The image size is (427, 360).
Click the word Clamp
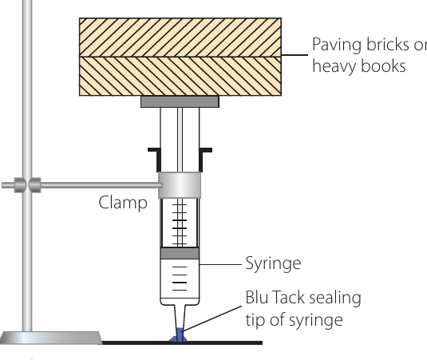(123, 203)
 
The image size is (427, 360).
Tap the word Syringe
(273, 263)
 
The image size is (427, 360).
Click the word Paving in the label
(337, 45)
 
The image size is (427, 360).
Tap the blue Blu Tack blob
(178, 336)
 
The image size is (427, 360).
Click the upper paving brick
(180, 38)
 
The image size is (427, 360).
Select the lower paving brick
(180, 77)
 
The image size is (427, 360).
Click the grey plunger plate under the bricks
(180, 101)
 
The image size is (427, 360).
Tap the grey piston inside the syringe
(180, 253)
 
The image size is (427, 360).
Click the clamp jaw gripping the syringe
(180, 185)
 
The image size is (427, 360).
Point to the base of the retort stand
(51, 338)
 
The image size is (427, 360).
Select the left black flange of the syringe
(155, 160)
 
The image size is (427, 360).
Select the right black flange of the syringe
(206, 160)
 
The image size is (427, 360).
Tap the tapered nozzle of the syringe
(180, 317)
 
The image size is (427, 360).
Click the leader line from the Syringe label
(220, 264)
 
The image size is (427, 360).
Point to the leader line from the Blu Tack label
(212, 318)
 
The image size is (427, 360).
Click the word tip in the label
(255, 320)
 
